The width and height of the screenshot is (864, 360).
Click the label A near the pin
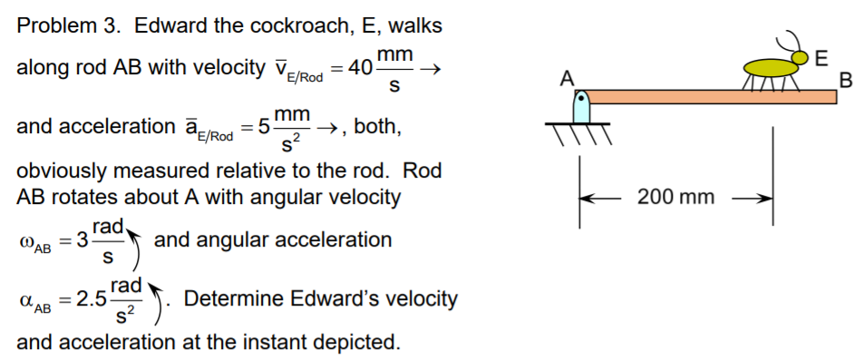pyautogui.click(x=568, y=78)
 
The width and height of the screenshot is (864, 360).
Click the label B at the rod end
pyautogui.click(x=847, y=80)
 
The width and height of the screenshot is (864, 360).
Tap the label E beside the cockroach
pyautogui.click(x=821, y=60)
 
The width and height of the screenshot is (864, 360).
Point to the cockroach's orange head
pyautogui.click(x=800, y=59)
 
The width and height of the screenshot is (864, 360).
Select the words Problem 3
pyautogui.click(x=68, y=25)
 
